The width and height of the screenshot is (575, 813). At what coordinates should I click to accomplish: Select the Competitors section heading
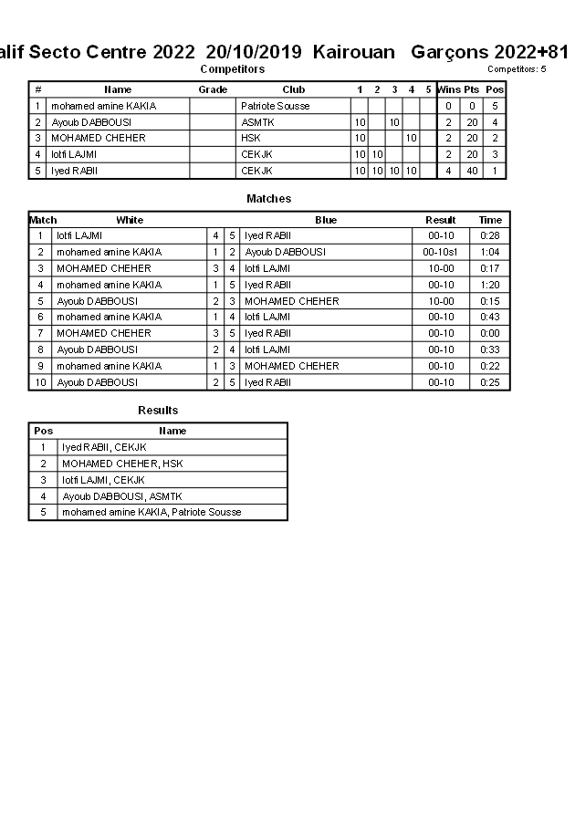[232, 69]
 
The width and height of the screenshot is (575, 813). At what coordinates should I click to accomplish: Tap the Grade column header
[213, 89]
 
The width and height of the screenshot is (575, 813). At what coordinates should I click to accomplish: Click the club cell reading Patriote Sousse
[275, 106]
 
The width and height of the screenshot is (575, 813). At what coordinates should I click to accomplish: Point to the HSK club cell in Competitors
[251, 138]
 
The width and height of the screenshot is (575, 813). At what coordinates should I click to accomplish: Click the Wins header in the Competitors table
[448, 89]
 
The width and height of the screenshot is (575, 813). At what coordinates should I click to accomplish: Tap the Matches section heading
[269, 199]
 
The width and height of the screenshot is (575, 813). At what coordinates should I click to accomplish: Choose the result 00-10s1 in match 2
[441, 252]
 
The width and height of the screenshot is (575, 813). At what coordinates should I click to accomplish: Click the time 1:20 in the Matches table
[490, 285]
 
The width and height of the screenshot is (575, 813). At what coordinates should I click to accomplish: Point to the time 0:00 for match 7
[490, 333]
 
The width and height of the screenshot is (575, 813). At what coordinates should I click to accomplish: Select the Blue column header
[326, 220]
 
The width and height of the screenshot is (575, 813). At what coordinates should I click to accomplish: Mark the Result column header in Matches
[441, 220]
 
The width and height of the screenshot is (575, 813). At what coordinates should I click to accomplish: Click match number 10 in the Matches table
[41, 382]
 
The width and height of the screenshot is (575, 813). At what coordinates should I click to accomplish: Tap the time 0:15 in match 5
[490, 301]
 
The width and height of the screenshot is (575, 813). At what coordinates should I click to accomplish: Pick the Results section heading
[158, 411]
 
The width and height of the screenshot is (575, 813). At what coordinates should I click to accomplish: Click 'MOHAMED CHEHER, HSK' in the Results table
[122, 464]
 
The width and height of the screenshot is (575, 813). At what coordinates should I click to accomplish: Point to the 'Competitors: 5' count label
[517, 69]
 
